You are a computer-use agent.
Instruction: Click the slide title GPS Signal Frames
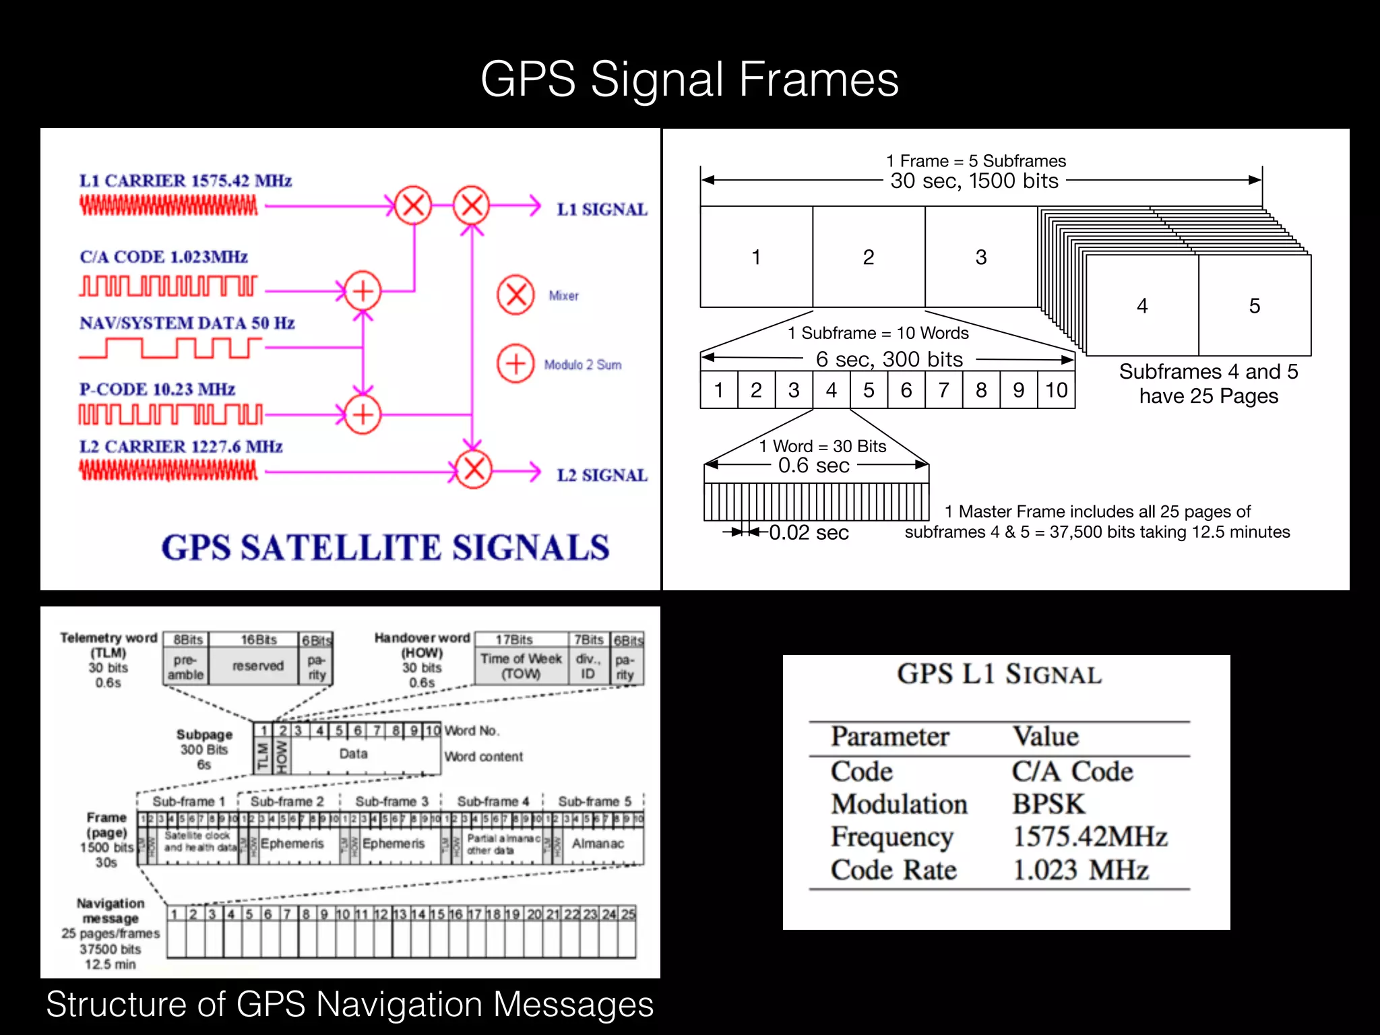(689, 80)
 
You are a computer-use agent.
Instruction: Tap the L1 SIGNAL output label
(601, 210)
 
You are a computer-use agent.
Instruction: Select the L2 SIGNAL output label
(601, 475)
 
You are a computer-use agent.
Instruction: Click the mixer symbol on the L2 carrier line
(474, 469)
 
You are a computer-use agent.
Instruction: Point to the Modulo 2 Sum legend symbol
(515, 364)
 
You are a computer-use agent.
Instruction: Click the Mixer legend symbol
(515, 295)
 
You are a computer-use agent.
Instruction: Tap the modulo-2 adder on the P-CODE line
(363, 414)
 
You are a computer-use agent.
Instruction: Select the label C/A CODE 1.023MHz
(164, 257)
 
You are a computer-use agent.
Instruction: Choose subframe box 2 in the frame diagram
(869, 257)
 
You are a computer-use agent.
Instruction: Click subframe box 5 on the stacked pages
(1254, 306)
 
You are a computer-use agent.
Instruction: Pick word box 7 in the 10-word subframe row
(943, 390)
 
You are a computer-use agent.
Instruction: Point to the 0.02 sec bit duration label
(809, 533)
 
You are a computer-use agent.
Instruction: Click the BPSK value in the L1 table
(1048, 805)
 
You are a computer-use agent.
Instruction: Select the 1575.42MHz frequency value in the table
(1090, 837)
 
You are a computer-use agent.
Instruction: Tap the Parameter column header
(889, 736)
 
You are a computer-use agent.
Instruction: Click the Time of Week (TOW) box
(521, 666)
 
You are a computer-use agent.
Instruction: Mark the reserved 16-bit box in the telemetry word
(257, 666)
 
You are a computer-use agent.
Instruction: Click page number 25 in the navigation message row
(628, 914)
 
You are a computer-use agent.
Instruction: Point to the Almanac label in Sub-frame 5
(598, 844)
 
